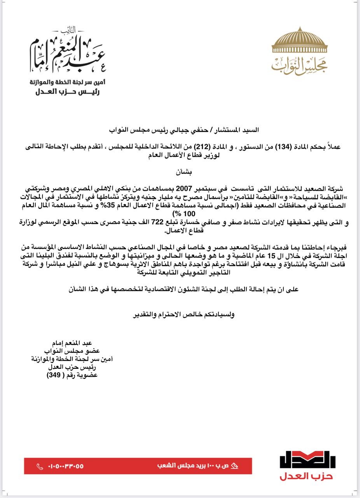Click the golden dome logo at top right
point(299,41)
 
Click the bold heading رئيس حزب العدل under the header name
point(68,92)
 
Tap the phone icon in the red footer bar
point(40,466)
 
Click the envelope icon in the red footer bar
point(234,466)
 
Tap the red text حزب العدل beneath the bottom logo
point(306,477)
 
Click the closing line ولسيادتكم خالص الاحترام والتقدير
point(183,314)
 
